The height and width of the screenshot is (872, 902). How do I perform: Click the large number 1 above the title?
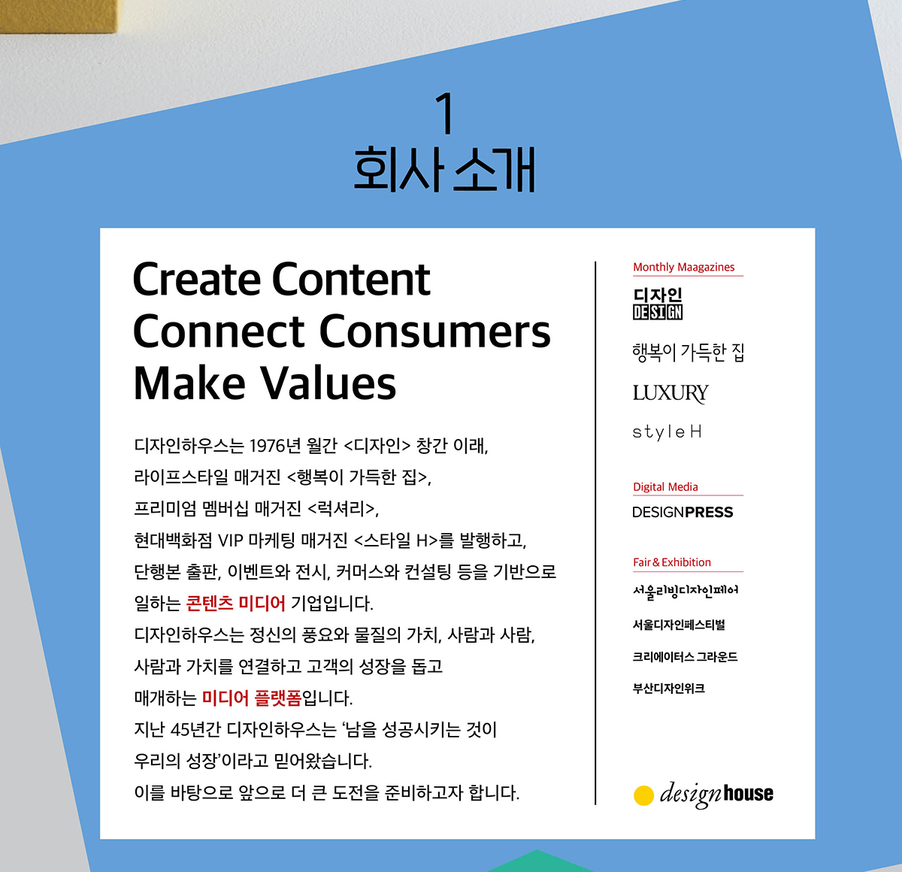point(446,113)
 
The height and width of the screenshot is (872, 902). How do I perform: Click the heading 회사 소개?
point(445,170)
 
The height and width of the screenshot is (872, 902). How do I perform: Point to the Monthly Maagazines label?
point(684,267)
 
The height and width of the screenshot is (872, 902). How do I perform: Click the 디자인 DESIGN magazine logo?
point(658,304)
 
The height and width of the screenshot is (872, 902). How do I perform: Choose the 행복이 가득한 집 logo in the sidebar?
point(689,353)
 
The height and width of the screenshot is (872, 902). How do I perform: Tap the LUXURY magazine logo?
point(670,394)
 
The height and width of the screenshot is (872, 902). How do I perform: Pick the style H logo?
point(667,432)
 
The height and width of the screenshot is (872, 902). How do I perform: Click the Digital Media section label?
point(666,487)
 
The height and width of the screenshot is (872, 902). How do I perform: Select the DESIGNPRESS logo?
point(683,512)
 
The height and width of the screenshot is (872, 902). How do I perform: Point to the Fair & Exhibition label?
point(672,562)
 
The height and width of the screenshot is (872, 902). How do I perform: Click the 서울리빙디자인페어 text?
point(686,591)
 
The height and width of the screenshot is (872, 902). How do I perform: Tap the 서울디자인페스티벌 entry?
point(679,625)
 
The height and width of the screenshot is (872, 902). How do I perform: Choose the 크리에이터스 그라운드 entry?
point(685,657)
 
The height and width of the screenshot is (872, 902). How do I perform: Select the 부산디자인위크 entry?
point(669,689)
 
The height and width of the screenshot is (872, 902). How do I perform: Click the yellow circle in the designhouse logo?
point(644,795)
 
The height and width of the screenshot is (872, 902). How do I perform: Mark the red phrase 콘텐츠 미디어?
point(235,603)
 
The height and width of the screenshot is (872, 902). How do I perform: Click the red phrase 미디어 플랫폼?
point(252,698)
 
